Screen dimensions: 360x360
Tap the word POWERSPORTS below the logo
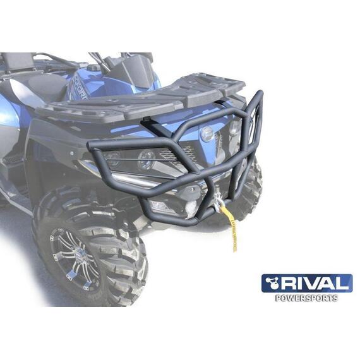tap(307, 298)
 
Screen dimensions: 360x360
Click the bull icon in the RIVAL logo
tap(272, 283)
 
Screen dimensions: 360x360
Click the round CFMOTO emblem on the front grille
tap(207, 133)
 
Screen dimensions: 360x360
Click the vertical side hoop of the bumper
tap(255, 133)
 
